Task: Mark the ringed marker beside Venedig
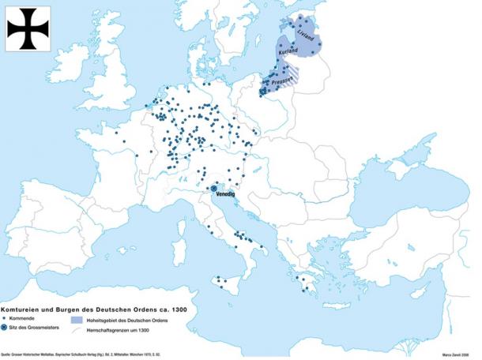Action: pyautogui.click(x=213, y=188)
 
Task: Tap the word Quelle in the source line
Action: pyautogui.click(x=8, y=355)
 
